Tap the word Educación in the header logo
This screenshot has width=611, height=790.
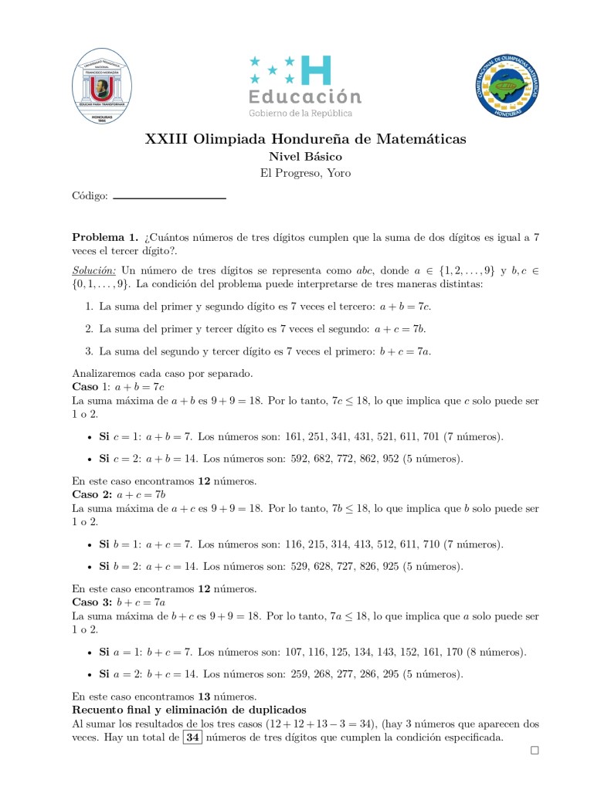pos(305,97)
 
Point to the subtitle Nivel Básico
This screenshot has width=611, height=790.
pos(305,157)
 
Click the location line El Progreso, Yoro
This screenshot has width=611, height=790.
pos(305,173)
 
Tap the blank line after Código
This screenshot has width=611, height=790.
pos(169,198)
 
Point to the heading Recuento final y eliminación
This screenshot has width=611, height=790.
pos(189,710)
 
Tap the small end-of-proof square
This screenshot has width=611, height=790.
pos(535,751)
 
